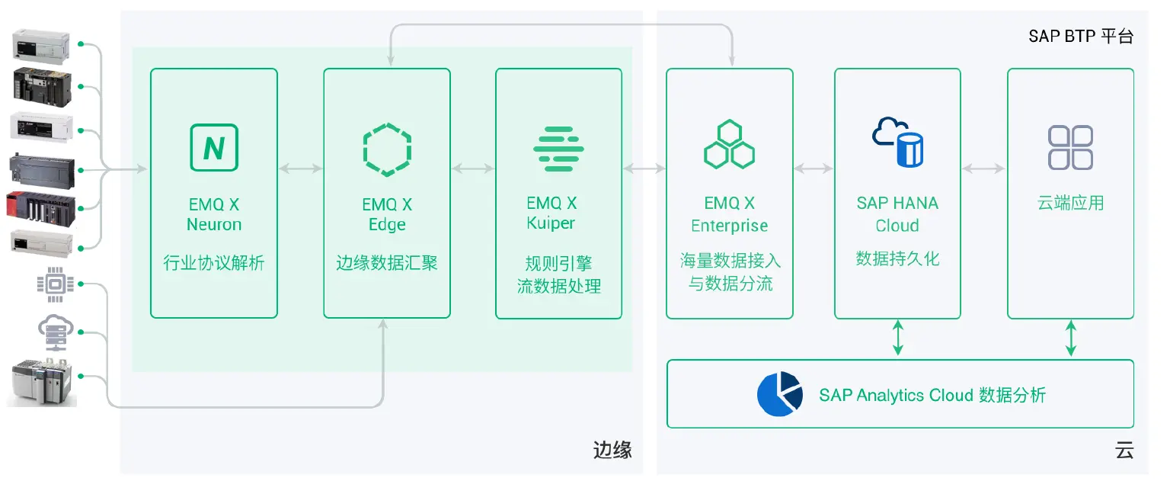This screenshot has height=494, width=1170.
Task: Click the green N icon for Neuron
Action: pyautogui.click(x=213, y=148)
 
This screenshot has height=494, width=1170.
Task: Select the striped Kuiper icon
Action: pyautogui.click(x=558, y=148)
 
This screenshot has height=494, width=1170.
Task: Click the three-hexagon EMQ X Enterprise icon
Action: pyautogui.click(x=729, y=144)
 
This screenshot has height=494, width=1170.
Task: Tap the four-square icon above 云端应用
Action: pyautogui.click(x=1070, y=147)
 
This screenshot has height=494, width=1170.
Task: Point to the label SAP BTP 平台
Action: pyautogui.click(x=1081, y=36)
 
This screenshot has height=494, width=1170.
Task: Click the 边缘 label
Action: pyautogui.click(x=612, y=450)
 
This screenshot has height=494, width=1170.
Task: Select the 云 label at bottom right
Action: pyautogui.click(x=1124, y=450)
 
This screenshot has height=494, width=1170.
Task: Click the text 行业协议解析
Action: pyautogui.click(x=214, y=264)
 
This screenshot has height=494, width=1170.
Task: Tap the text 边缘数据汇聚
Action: pyautogui.click(x=387, y=264)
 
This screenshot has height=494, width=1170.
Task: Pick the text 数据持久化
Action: pyautogui.click(x=897, y=258)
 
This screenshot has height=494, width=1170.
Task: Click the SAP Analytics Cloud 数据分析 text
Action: pyautogui.click(x=932, y=395)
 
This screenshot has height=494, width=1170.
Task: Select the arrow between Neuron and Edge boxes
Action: pyautogui.click(x=300, y=168)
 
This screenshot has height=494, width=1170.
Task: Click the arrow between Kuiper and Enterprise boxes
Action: pyautogui.click(x=644, y=168)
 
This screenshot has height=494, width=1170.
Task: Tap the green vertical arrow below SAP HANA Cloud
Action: pyautogui.click(x=898, y=338)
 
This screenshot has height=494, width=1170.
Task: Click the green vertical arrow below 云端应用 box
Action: pyautogui.click(x=1071, y=338)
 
